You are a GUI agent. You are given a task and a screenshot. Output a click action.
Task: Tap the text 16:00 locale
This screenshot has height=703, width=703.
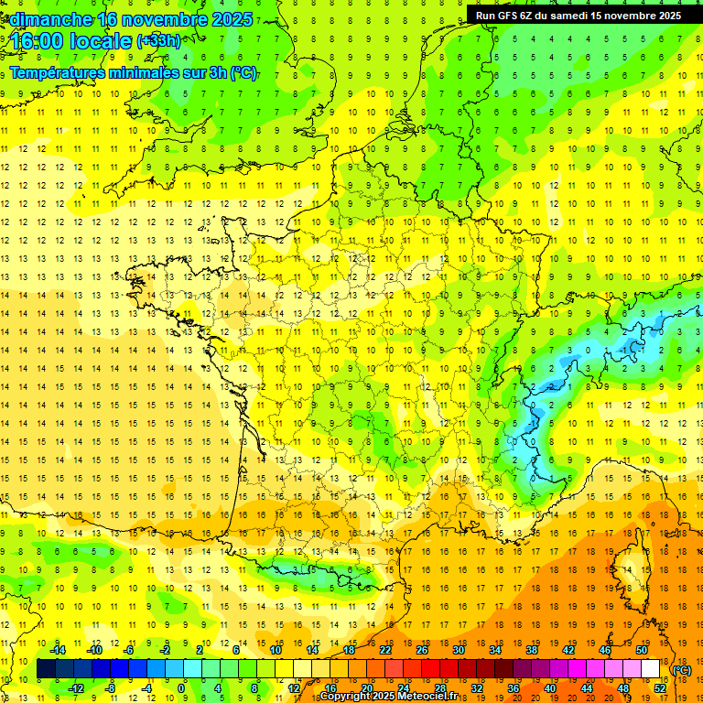tap(70, 41)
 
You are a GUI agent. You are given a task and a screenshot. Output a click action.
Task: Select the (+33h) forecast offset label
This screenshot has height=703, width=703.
tap(158, 40)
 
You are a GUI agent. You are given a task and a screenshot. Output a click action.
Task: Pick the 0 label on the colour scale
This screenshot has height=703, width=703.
tap(181, 688)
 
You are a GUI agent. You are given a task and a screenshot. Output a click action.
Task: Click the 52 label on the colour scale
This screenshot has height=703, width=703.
tap(660, 688)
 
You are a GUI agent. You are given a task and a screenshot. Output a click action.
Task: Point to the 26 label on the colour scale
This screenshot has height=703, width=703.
tap(422, 650)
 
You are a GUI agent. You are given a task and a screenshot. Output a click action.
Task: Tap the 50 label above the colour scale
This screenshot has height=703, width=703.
tap(642, 650)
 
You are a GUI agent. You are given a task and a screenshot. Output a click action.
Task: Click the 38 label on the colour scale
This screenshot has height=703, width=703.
tap(532, 650)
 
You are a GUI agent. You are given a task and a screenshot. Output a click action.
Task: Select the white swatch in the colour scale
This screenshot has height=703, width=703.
tap(651, 669)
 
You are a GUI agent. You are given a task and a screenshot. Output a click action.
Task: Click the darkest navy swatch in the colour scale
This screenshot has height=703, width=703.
tap(47, 669)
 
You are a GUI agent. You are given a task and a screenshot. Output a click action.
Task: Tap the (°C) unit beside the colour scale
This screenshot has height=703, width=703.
tap(682, 670)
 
